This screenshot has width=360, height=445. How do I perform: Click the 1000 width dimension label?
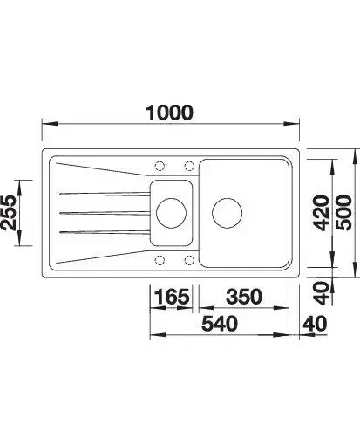169,113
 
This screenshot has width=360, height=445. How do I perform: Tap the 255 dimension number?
8,213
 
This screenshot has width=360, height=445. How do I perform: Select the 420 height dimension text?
322,213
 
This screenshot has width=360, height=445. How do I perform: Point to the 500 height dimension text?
343,213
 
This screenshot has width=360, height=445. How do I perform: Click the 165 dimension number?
172,297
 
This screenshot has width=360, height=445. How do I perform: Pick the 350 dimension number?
244,297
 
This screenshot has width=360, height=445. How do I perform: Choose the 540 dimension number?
220,324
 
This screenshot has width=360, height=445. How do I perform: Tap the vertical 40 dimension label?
323,293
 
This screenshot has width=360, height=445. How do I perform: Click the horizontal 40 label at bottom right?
315,324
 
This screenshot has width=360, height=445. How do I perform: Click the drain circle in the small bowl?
171,213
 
